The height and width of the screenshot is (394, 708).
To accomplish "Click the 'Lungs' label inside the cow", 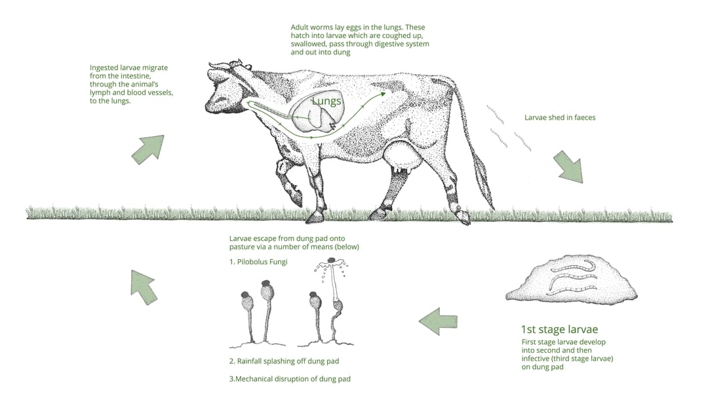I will click(x=326, y=101).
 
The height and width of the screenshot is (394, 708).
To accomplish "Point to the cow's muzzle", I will click(x=212, y=105).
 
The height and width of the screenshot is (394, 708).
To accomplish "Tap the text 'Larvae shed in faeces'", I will click(x=560, y=118).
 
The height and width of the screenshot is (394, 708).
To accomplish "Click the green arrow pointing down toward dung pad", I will click(x=567, y=167).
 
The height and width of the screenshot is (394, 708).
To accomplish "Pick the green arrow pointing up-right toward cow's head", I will click(x=148, y=149).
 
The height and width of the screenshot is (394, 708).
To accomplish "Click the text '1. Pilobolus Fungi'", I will click(x=258, y=261).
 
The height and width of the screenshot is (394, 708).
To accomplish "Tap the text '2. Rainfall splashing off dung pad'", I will click(x=284, y=361).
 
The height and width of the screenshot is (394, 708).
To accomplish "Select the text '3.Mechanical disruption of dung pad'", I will click(x=294, y=378).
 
